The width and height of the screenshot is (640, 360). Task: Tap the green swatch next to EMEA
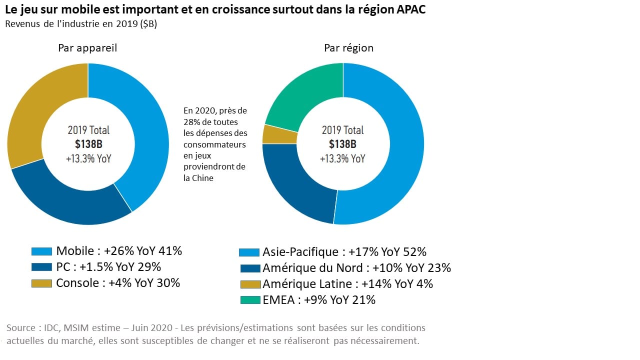[249, 300]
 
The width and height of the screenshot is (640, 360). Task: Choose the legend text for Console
[117, 283]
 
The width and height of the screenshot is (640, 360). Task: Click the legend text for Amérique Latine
[347, 284]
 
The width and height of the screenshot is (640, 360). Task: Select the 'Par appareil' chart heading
[87, 48]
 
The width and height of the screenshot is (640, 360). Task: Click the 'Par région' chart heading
[348, 48]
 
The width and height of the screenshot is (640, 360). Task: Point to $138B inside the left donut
[88, 144]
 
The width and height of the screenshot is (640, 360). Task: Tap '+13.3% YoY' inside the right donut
[342, 158]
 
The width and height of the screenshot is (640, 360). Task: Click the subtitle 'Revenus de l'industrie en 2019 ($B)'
[81, 24]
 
